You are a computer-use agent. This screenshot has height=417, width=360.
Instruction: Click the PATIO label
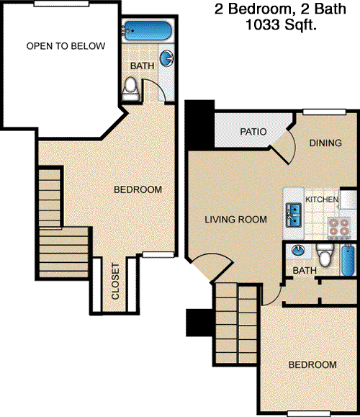coord(253,132)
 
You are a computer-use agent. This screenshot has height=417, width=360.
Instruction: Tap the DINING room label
coord(325,143)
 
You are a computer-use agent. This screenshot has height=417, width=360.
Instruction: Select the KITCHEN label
coord(322,199)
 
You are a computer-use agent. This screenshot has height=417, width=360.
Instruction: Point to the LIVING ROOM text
coord(236,220)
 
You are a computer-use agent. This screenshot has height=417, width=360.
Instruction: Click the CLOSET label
coord(115,281)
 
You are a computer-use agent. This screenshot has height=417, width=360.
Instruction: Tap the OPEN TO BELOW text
coord(66,46)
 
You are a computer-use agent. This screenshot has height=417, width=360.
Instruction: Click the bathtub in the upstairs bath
coord(148,31)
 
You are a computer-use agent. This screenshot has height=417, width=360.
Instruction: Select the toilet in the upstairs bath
coord(130,89)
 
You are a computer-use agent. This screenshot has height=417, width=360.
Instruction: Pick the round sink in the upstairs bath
coord(167,58)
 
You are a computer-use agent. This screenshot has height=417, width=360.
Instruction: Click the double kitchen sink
coord(294,215)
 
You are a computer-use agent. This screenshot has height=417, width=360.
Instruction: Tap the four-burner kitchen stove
coord(338,228)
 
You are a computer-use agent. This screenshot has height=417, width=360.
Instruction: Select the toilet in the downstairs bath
coord(325,255)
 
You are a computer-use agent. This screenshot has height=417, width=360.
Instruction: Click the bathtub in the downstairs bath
coord(348,261)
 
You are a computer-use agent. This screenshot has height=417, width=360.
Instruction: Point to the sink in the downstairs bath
coord(298,250)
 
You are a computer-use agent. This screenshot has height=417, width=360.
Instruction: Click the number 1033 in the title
coord(262,24)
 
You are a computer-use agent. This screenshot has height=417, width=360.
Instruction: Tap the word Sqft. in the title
coord(300,24)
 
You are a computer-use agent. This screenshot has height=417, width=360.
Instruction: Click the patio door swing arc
coord(293,145)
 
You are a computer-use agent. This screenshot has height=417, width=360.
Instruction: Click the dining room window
coord(325,112)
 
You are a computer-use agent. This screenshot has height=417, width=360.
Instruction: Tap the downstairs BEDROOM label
coord(312,364)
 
